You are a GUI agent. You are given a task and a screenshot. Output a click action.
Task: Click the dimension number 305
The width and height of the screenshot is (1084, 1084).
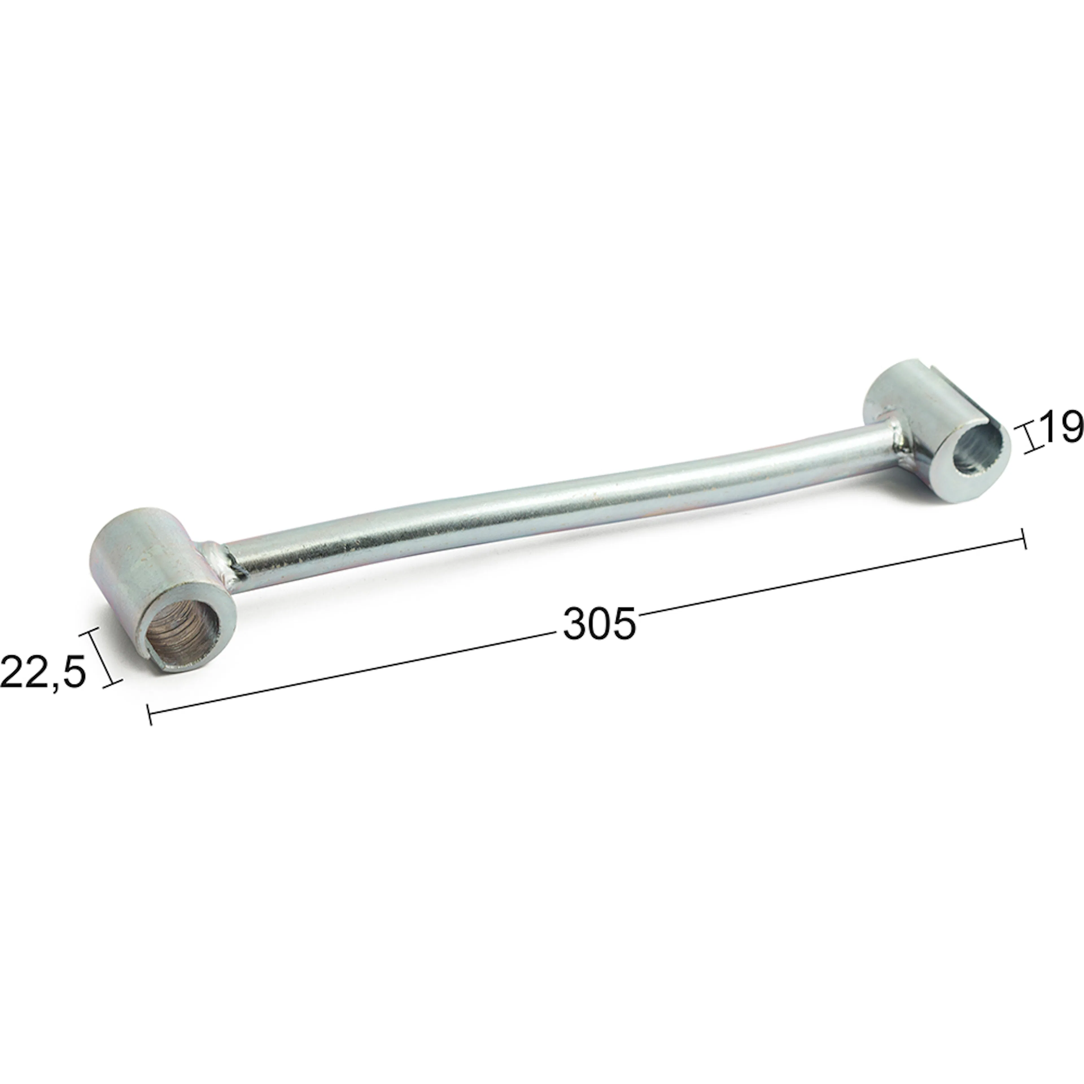[600, 623]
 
